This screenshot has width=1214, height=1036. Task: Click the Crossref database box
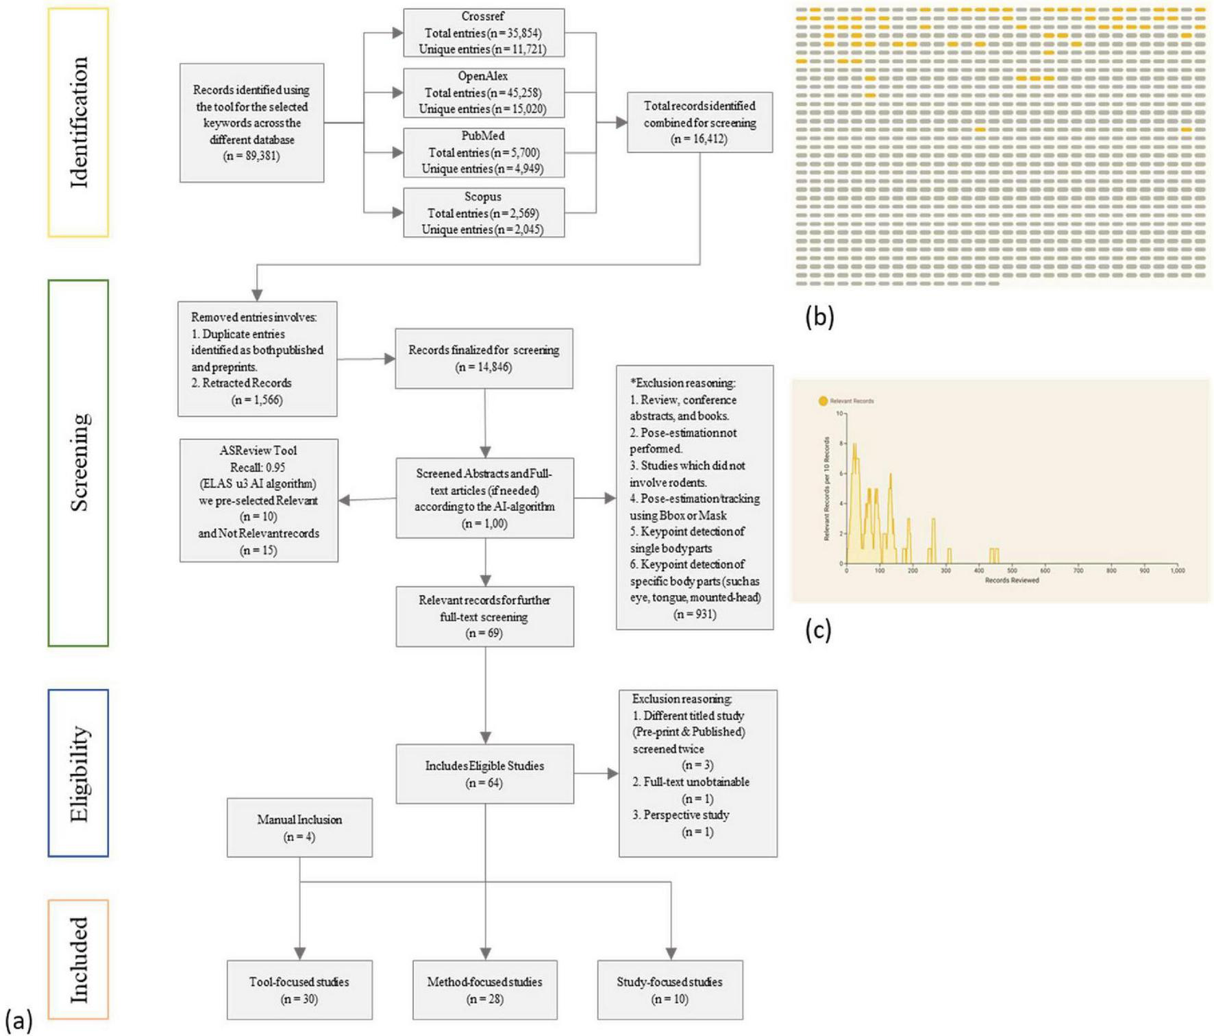[x=484, y=33]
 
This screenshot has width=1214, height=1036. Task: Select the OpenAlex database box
[x=484, y=93]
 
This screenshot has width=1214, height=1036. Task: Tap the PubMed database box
[x=484, y=152]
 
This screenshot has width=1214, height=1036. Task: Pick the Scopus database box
[x=484, y=213]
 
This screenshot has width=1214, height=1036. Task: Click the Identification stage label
[x=78, y=122]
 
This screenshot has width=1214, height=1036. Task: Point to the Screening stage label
[x=78, y=462]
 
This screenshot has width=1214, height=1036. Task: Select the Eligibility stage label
[x=78, y=773]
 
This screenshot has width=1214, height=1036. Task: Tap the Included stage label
[x=78, y=959]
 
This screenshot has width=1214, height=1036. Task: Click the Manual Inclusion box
[x=299, y=828]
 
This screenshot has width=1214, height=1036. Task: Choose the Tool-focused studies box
[x=299, y=990]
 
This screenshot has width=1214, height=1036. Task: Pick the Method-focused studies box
[x=484, y=990]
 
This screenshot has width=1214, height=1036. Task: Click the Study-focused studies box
[x=669, y=990]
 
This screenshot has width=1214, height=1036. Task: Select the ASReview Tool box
[x=258, y=501]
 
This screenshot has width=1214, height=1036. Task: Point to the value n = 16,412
[x=699, y=139]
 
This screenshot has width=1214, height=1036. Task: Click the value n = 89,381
[x=251, y=156]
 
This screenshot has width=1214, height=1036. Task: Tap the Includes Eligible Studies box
[x=484, y=773]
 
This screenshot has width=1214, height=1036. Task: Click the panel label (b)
[x=819, y=317]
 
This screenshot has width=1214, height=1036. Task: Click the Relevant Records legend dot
[x=823, y=401]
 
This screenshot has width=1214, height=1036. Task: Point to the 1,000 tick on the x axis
[x=1177, y=570]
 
